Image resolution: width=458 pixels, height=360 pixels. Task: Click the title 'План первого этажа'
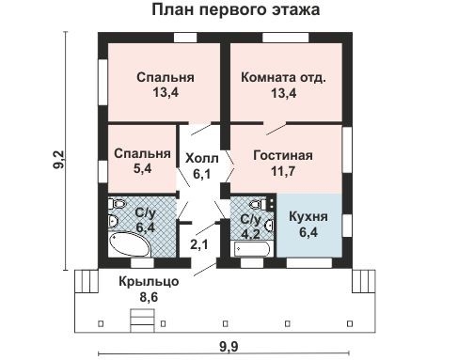(x=233, y=11)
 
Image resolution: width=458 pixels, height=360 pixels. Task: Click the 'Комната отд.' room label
(x=283, y=77)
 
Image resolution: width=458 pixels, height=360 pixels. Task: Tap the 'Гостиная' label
(x=283, y=156)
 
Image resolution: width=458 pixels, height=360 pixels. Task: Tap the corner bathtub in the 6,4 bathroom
(x=127, y=243)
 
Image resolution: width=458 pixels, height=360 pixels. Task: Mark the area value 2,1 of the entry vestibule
(x=199, y=246)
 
